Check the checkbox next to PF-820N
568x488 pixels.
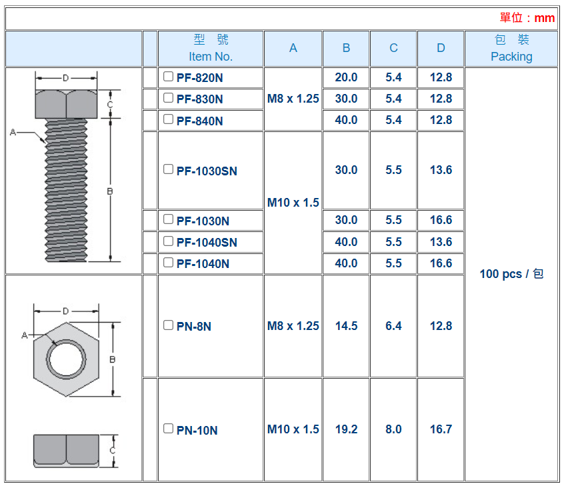point(168,77)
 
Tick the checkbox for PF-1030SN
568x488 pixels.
point(168,169)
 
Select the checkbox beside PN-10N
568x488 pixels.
point(168,429)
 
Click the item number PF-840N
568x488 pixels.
point(199,121)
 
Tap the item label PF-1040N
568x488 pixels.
point(203,264)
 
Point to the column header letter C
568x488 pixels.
point(393,48)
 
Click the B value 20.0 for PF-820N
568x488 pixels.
point(346,77)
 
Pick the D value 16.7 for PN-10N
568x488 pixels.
point(441,429)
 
